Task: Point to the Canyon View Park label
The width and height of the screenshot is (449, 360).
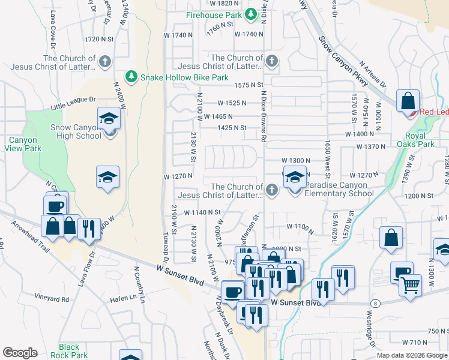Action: point(24,144)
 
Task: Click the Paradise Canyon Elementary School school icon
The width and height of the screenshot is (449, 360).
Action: point(294,179)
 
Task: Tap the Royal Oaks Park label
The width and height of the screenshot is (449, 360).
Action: point(415,140)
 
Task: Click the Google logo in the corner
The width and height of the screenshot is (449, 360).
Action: point(20,353)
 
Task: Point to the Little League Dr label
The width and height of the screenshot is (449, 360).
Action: point(73,103)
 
